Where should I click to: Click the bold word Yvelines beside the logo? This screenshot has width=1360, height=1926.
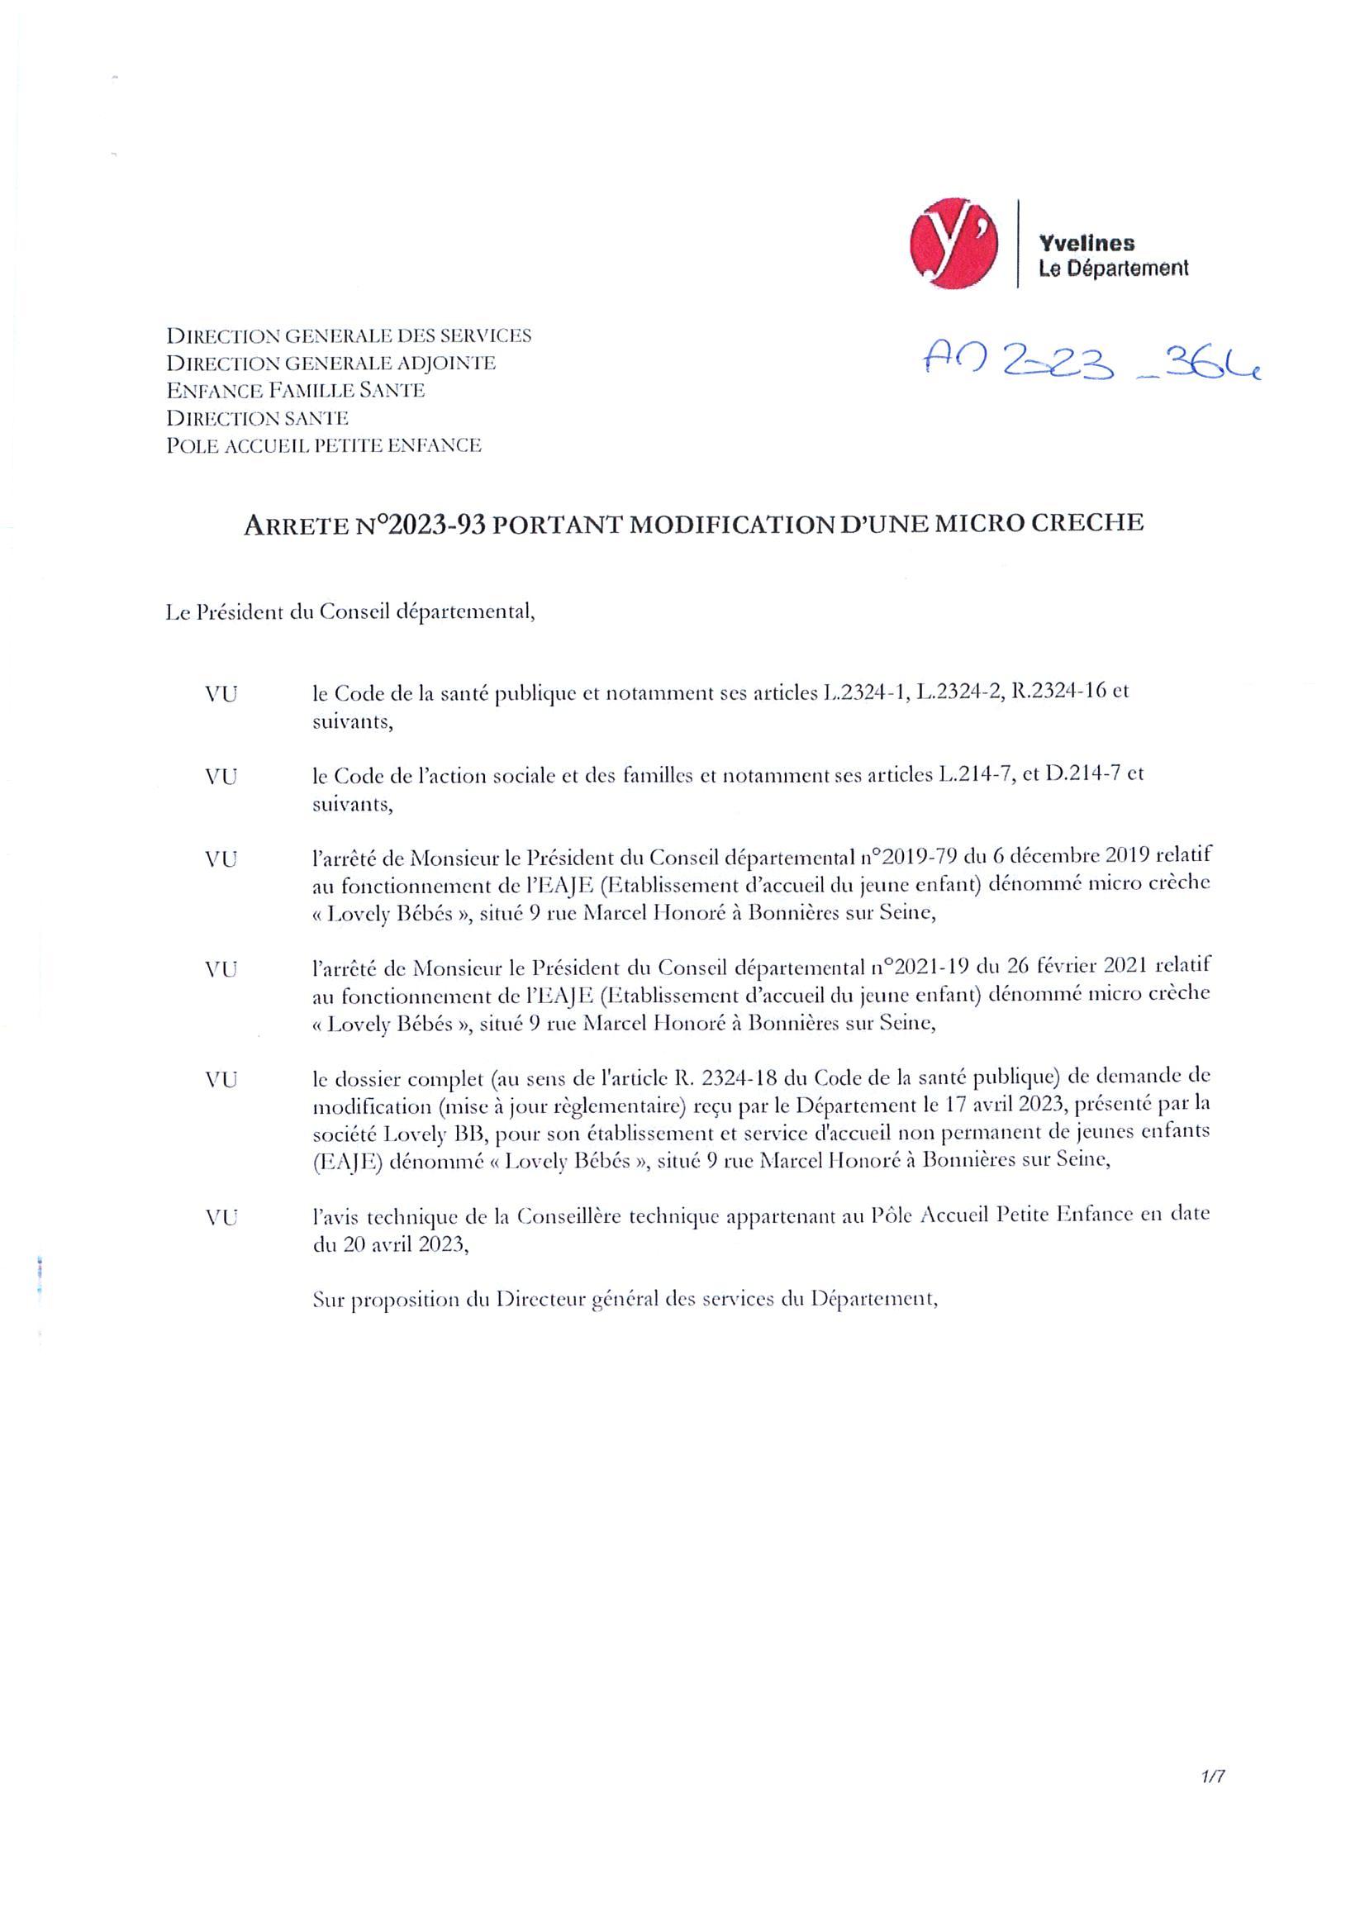(x=1087, y=244)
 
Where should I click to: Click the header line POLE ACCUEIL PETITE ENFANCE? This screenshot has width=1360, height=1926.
(x=324, y=445)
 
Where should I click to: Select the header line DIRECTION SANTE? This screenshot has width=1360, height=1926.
(x=258, y=418)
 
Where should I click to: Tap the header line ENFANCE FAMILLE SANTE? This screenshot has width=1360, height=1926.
(x=295, y=390)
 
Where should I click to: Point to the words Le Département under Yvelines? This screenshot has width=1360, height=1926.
(x=1112, y=269)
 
